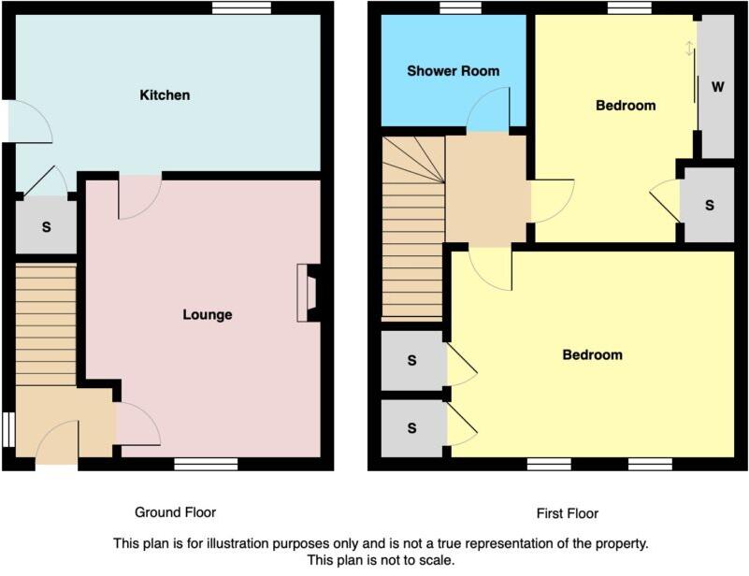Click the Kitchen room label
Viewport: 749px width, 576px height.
pyautogui.click(x=165, y=95)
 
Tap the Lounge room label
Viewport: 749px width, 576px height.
pyautogui.click(x=207, y=315)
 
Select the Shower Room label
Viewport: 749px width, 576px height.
pyautogui.click(x=453, y=71)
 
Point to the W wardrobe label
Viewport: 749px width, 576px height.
pyautogui.click(x=718, y=88)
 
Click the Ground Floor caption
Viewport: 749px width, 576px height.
pyautogui.click(x=175, y=512)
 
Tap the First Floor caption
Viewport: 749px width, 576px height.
pyautogui.click(x=568, y=513)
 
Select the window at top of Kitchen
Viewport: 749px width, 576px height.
pyautogui.click(x=241, y=7)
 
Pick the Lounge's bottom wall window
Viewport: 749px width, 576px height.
pyautogui.click(x=206, y=463)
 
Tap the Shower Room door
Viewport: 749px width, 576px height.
pyautogui.click(x=488, y=110)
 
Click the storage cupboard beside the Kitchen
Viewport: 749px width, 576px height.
pyautogui.click(x=46, y=227)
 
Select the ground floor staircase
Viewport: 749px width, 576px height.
pyautogui.click(x=45, y=324)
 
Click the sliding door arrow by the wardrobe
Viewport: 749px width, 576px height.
pyautogui.click(x=690, y=48)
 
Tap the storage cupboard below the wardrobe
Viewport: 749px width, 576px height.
pyautogui.click(x=710, y=206)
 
